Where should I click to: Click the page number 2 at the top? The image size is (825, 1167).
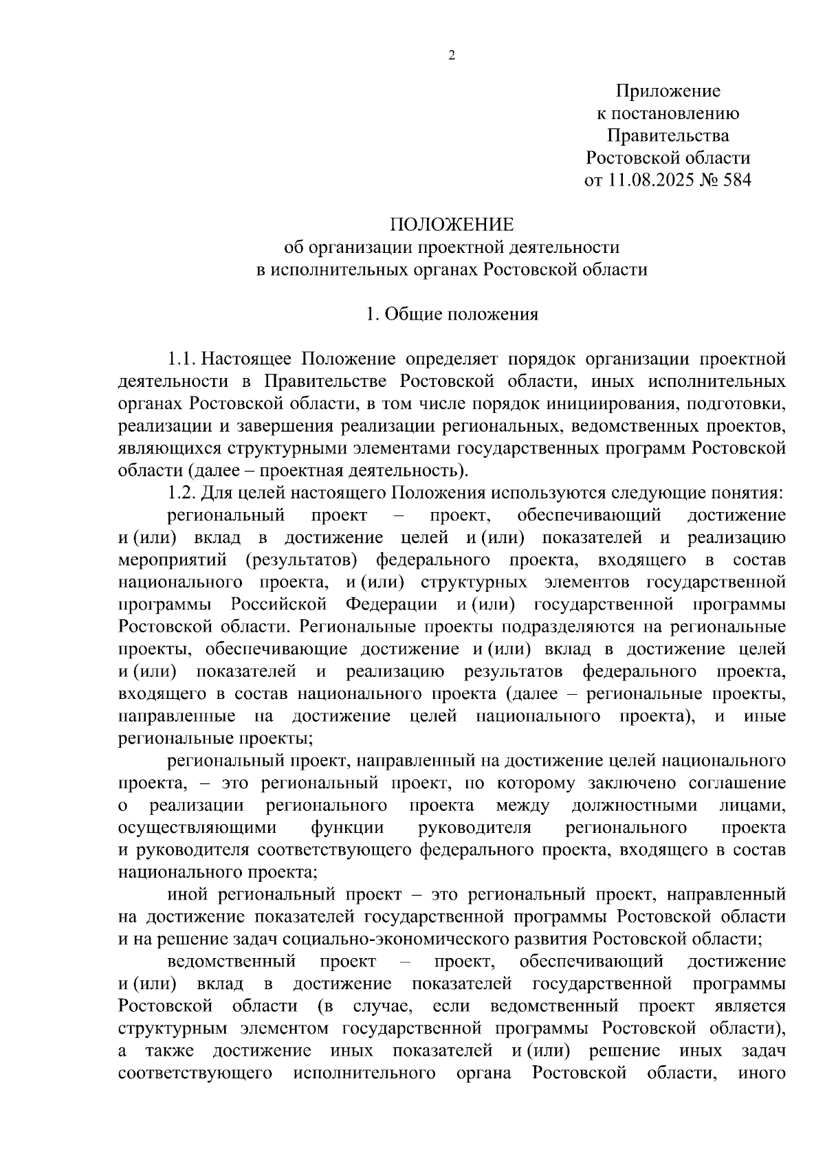pyautogui.click(x=452, y=56)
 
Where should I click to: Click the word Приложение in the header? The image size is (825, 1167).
pyautogui.click(x=668, y=91)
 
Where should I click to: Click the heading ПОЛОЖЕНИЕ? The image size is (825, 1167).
pyautogui.click(x=452, y=225)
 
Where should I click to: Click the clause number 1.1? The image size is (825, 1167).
pyautogui.click(x=182, y=359)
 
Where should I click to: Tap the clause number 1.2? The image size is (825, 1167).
pyautogui.click(x=182, y=493)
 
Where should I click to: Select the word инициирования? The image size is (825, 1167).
pyautogui.click(x=599, y=403)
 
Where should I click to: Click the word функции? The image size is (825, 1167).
pyautogui.click(x=347, y=828)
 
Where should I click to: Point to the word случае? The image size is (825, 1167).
pyautogui.click(x=382, y=1007)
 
